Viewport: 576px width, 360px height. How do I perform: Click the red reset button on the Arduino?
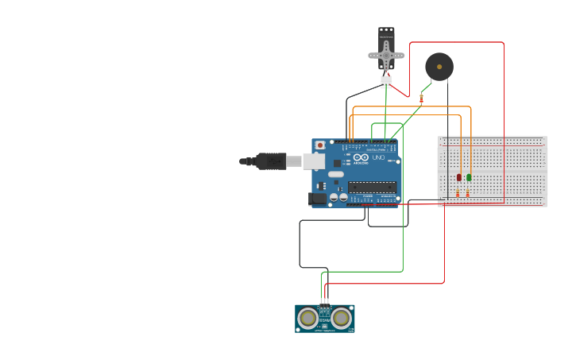click(x=320, y=145)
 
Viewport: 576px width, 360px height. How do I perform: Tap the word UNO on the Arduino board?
click(x=378, y=157)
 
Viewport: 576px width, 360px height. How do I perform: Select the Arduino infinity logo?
click(x=361, y=157)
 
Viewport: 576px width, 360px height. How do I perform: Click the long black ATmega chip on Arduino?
click(x=372, y=187)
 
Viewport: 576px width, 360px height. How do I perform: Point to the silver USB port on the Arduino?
click(x=314, y=161)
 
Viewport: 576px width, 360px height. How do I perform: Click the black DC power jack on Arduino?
click(x=318, y=199)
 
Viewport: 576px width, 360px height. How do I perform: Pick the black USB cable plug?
click(x=270, y=161)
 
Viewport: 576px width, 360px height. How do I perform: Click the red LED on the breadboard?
click(x=458, y=176)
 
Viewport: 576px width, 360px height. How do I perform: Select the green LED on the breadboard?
click(x=469, y=176)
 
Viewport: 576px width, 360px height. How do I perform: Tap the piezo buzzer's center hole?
click(x=439, y=67)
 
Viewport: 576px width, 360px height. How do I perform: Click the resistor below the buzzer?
click(x=421, y=99)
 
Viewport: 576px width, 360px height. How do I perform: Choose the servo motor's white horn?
click(x=386, y=55)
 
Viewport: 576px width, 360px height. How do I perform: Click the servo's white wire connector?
click(x=386, y=81)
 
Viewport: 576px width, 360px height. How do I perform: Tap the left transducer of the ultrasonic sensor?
click(x=307, y=318)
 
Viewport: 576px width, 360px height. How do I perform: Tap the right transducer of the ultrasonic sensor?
click(x=342, y=318)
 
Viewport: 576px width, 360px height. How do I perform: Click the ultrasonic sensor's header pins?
click(x=324, y=301)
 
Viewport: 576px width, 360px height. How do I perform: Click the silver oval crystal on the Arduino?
click(x=336, y=174)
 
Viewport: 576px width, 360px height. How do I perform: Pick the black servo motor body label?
click(x=386, y=36)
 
